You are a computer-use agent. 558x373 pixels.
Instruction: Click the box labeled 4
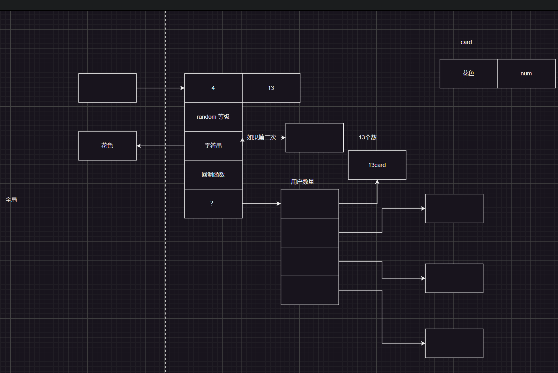point(213,88)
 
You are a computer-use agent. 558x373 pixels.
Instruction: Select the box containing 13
point(271,88)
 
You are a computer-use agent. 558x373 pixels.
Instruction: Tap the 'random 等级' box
point(213,117)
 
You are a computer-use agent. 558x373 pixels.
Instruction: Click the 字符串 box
point(213,146)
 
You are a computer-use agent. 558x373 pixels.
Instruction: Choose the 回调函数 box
point(213,175)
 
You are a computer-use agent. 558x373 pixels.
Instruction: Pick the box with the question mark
point(213,204)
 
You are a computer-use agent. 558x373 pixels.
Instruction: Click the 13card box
point(377,165)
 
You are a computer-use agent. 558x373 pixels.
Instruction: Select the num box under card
point(526,74)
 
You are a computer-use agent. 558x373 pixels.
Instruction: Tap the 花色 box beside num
point(469,74)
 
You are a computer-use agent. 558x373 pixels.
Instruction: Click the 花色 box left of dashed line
point(107,146)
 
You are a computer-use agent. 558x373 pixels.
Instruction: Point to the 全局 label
point(11,200)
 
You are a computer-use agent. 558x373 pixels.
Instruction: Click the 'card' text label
point(466,42)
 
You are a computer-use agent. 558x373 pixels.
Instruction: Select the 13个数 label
point(368,138)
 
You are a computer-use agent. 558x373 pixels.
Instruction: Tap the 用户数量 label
point(302,182)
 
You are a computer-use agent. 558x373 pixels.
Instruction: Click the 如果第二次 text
point(261,138)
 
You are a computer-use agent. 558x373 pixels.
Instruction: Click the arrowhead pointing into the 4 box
point(182,88)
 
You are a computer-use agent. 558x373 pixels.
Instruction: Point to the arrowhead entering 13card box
point(377,182)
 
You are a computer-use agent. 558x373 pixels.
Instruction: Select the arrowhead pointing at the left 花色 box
point(139,146)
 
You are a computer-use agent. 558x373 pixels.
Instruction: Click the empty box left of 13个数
point(314,138)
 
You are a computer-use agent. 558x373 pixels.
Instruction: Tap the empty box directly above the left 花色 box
point(107,88)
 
